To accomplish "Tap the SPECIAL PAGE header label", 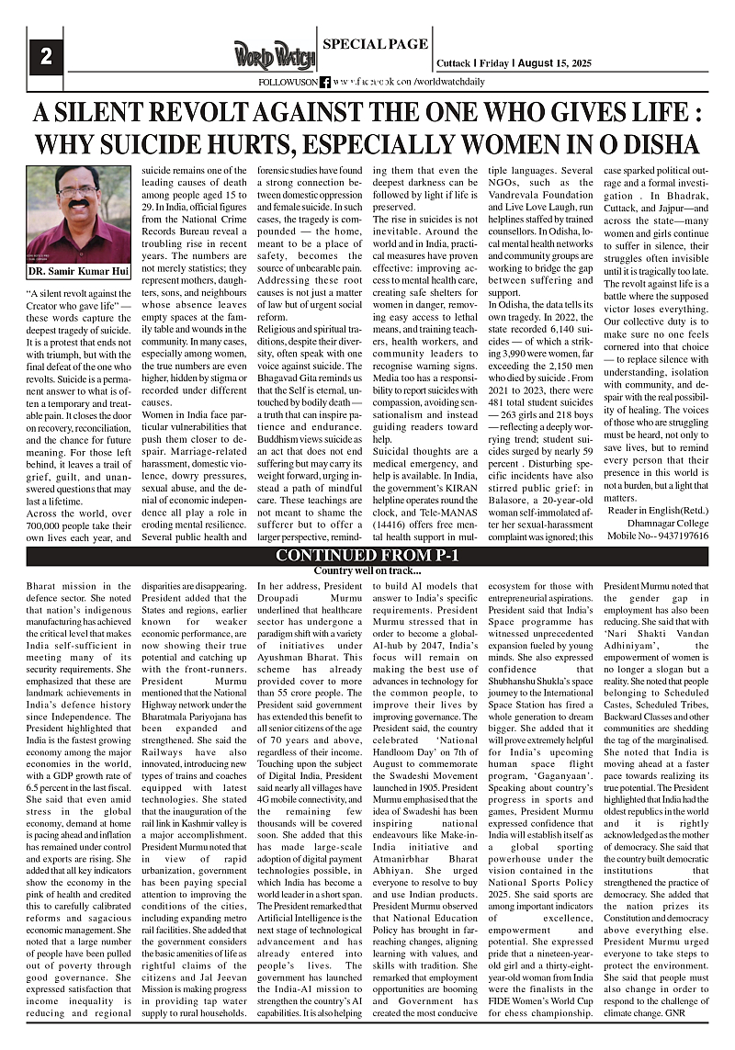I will coord(375,44).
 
